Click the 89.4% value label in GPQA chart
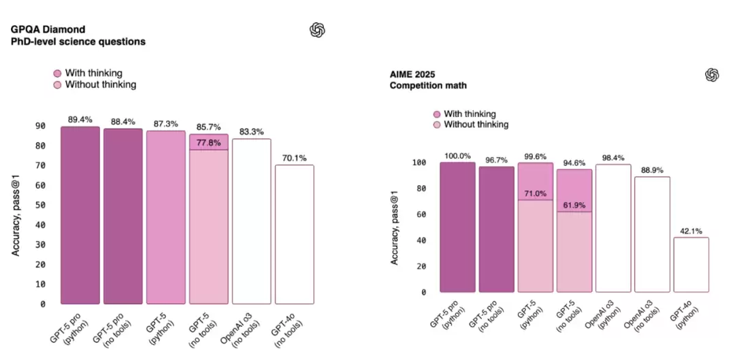click(80, 119)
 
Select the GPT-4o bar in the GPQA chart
click(294, 234)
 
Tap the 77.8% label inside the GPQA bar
click(208, 142)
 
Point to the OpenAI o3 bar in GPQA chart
click(251, 221)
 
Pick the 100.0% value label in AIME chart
click(457, 156)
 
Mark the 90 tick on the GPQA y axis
click(40, 127)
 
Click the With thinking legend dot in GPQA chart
click(58, 73)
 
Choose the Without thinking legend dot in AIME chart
click(437, 125)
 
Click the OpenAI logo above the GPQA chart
click(317, 29)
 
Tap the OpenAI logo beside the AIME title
click(712, 75)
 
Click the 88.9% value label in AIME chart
click(650, 169)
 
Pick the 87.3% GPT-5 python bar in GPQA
click(165, 217)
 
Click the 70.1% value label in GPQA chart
click(294, 158)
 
